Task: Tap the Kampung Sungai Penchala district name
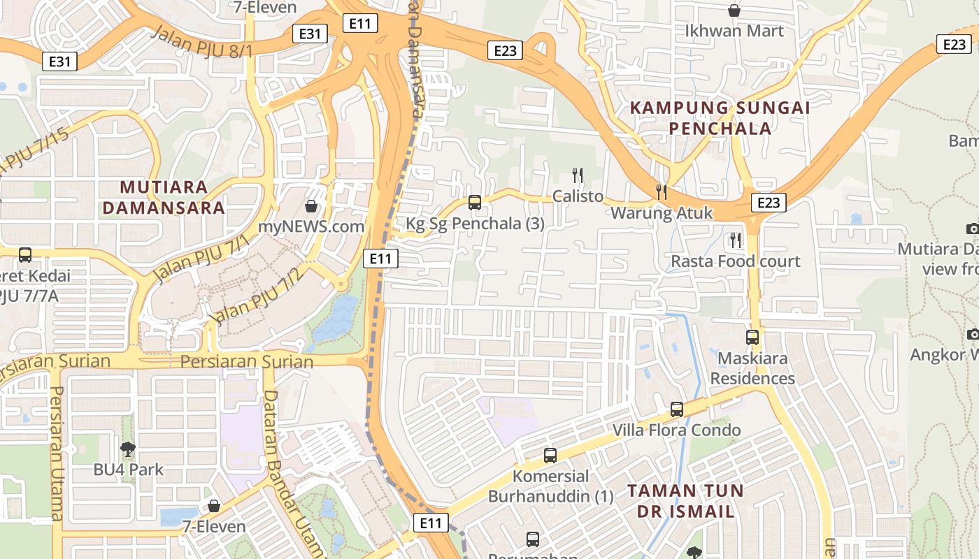[720, 118]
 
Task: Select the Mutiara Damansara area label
[172, 197]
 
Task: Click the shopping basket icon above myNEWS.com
[311, 206]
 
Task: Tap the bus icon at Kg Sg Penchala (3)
[475, 203]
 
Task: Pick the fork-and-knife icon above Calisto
[577, 175]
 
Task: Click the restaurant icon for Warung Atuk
[661, 191]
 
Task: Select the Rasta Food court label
[736, 261]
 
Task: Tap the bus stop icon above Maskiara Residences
[752, 337]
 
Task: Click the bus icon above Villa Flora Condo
[676, 409]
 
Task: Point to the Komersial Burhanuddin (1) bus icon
[550, 456]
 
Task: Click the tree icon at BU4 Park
[127, 449]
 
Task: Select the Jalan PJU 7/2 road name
[257, 296]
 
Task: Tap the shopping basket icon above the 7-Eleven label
[214, 506]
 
